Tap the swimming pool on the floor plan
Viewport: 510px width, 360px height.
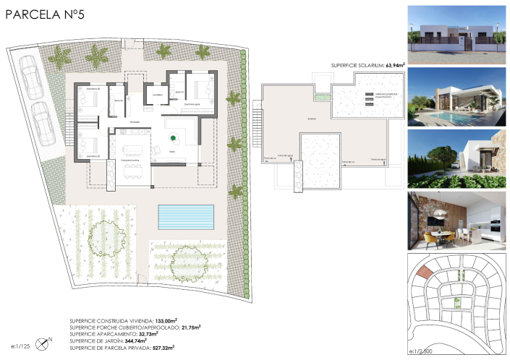tap(187, 215)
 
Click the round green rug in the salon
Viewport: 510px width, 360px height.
tap(174, 139)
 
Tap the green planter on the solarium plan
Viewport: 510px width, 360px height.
tap(317, 96)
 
